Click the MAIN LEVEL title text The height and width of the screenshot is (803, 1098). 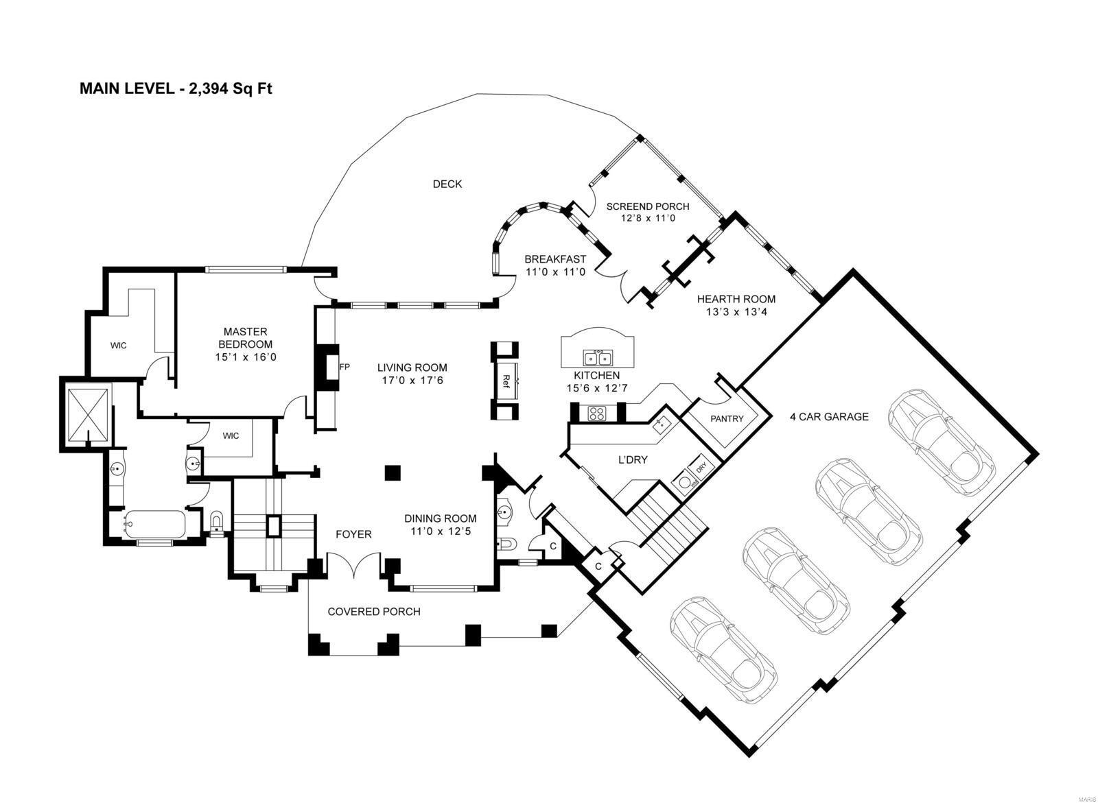tap(176, 88)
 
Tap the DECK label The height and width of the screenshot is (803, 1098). tap(447, 184)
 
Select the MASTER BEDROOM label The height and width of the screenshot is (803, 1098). tap(245, 338)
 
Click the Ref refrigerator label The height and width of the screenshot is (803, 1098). tap(506, 382)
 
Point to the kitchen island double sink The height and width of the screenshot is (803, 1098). tap(597, 358)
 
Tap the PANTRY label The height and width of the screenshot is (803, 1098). tap(727, 419)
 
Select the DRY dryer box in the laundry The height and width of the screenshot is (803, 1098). tap(701, 468)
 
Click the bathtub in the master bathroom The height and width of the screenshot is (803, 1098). tap(154, 524)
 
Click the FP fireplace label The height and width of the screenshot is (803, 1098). tap(344, 366)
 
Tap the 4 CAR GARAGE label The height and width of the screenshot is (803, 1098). tap(829, 417)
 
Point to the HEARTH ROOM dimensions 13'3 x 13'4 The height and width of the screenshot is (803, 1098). tap(736, 311)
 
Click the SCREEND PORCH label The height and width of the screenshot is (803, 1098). tap(648, 207)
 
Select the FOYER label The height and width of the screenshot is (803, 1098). tap(353, 534)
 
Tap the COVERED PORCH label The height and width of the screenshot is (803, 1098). tap(374, 612)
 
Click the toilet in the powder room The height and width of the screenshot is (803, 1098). tap(507, 543)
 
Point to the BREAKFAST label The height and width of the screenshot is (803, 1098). tap(555, 259)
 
